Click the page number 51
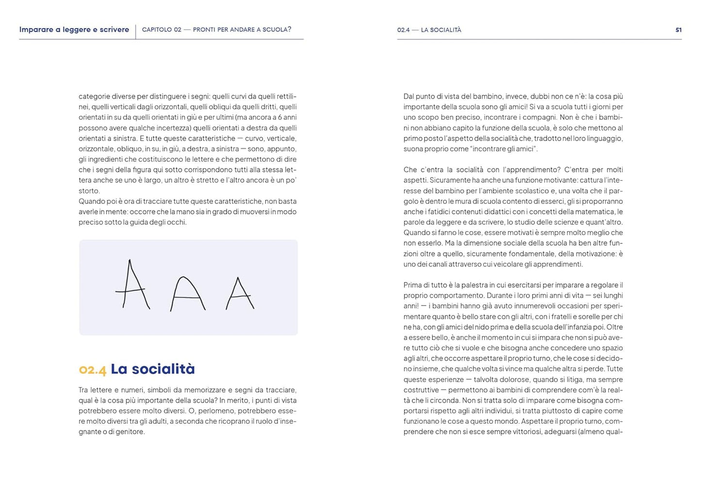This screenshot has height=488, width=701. pyautogui.click(x=678, y=30)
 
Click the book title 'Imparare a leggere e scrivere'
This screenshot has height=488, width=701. pyautogui.click(x=74, y=30)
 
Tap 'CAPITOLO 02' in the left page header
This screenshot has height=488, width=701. pyautogui.click(x=161, y=30)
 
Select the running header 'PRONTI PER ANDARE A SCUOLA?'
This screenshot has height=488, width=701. pyautogui.click(x=242, y=30)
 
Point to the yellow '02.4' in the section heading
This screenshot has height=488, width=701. pyautogui.click(x=92, y=370)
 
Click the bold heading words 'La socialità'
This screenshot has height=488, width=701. pyautogui.click(x=153, y=369)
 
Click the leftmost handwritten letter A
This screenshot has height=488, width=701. pyautogui.click(x=131, y=286)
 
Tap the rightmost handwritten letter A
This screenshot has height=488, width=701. pyautogui.click(x=239, y=294)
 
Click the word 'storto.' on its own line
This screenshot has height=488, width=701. pyautogui.click(x=89, y=191)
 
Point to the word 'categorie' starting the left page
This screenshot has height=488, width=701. pyautogui.click(x=94, y=96)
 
